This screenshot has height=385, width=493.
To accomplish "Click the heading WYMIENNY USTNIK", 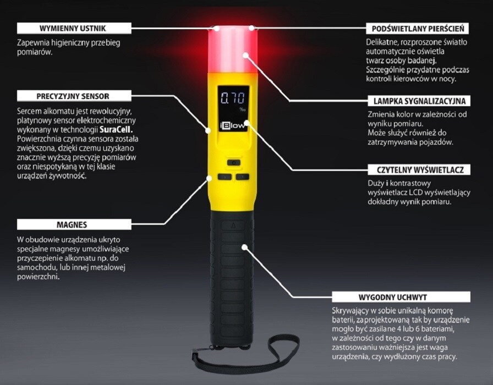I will pyautogui.click(x=73, y=28).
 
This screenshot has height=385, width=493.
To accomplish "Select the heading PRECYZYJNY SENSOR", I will pyautogui.click(x=73, y=96).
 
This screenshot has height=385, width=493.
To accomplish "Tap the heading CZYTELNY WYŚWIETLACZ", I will pyautogui.click(x=418, y=170).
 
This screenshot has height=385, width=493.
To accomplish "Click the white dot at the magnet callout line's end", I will pyautogui.click(x=209, y=177).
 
